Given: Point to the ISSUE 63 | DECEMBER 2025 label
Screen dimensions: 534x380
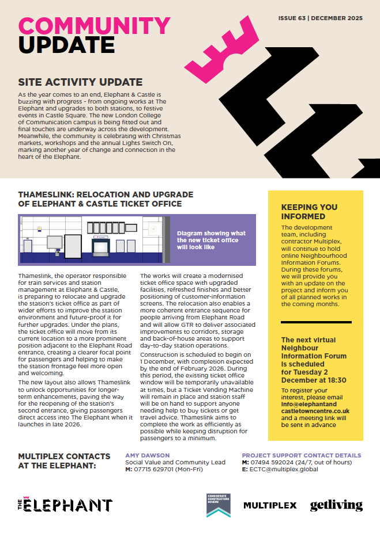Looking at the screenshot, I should click(x=320, y=18).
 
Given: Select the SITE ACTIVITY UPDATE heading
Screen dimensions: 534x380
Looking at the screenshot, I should click(x=80, y=82).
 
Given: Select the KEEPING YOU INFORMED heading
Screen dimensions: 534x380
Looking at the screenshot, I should click(x=309, y=212).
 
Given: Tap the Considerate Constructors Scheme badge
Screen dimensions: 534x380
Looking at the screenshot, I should click(x=218, y=505).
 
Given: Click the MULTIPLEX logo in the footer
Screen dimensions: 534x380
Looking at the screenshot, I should click(x=270, y=505).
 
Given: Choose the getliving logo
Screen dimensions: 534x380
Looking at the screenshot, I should click(x=336, y=505).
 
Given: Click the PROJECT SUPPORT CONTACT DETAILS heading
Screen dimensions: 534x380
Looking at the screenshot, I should click(x=301, y=456).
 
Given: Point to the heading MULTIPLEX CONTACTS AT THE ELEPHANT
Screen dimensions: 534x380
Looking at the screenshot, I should click(x=64, y=460).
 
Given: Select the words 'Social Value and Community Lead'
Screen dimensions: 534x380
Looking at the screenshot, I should click(x=175, y=463).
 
